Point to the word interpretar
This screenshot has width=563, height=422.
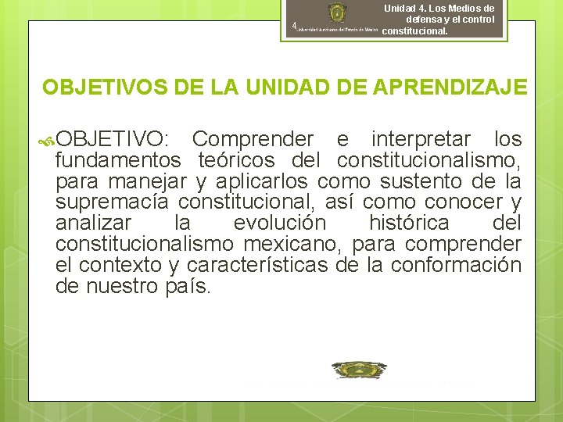(421, 139)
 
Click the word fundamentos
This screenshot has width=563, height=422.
(118, 161)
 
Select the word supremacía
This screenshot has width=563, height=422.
(112, 202)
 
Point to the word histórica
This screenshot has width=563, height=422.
(409, 224)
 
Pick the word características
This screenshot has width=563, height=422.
(264, 265)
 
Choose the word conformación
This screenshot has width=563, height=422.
(456, 265)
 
